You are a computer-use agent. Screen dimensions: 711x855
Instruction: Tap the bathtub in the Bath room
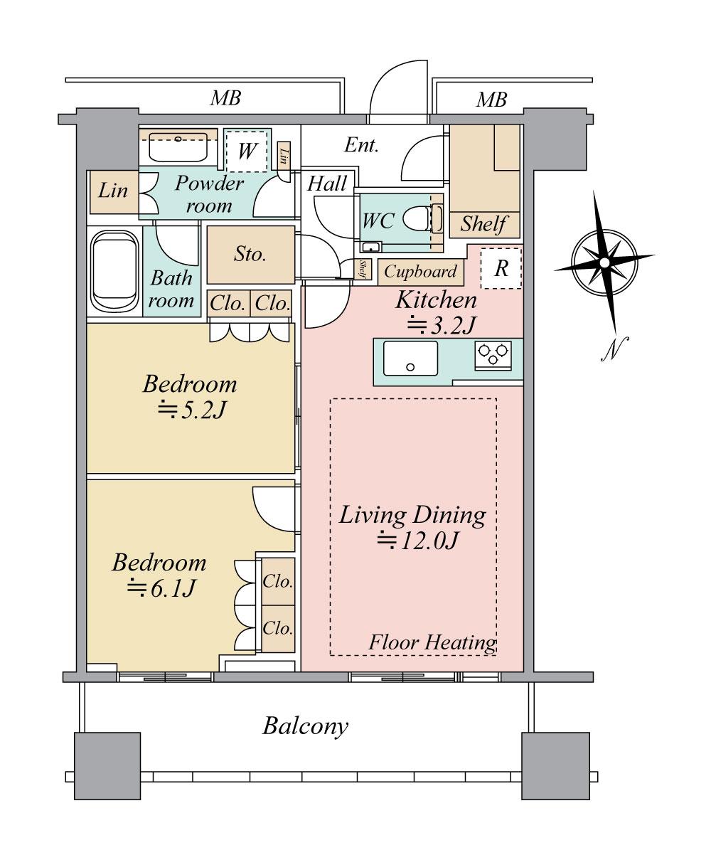115,272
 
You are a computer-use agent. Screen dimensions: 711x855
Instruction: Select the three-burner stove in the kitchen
493,355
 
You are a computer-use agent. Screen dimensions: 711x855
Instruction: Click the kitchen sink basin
410,359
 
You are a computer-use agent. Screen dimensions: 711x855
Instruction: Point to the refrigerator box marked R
501,268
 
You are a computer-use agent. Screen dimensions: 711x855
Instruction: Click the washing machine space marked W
247,152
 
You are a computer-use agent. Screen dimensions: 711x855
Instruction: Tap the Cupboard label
420,271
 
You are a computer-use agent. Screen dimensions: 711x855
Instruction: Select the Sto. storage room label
250,254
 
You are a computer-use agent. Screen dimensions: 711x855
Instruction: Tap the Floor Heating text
432,642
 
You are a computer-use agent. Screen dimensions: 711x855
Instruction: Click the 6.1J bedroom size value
160,588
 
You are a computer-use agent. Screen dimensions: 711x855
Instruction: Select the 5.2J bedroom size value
191,410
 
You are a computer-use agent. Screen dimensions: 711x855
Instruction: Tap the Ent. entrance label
361,145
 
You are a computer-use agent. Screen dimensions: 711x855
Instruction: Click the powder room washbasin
178,147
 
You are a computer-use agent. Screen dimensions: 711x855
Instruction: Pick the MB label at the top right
491,100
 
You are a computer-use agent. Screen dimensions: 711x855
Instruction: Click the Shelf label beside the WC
483,224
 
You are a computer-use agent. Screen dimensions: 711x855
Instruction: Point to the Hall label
327,184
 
